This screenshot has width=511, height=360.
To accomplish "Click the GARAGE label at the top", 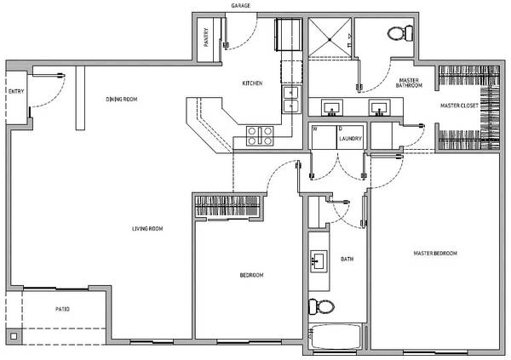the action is point(241,6).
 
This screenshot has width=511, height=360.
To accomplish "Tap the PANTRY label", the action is point(206,37).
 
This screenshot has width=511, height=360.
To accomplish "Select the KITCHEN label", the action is point(252,83).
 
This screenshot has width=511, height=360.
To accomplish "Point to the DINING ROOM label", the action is point(122,99).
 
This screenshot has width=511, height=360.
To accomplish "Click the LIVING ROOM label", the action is point(147,229).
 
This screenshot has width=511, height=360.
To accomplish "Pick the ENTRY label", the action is point(16,92).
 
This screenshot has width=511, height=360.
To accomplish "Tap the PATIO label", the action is point(62,309).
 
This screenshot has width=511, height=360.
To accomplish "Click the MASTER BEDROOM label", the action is point(435,253).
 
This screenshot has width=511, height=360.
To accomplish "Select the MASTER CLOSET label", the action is point(459,106).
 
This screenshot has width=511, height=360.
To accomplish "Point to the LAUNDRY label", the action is point(350,139).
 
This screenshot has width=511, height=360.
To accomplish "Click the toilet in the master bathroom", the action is point(400,33).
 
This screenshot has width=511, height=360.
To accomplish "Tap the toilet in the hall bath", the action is point(322,306).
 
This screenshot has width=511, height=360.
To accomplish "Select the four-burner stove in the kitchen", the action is point(260,136).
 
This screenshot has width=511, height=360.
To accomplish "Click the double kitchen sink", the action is point(291,100).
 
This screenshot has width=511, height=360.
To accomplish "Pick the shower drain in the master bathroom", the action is point(330,40).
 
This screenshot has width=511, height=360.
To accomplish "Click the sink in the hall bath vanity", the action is point(319,261).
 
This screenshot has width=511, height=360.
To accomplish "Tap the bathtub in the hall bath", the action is point(335,336).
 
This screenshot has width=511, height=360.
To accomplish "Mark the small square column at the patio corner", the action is point(14,336).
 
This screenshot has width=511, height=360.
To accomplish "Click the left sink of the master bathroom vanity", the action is point(332,108).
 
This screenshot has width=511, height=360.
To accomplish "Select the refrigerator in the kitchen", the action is point(288,35).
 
